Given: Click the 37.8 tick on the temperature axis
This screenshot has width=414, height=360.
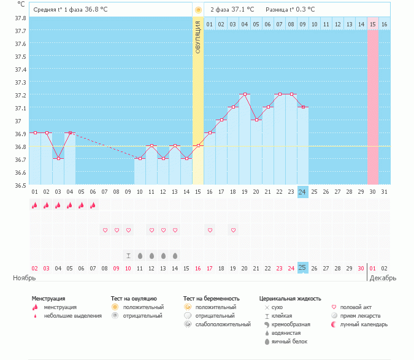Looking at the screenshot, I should point(20,18).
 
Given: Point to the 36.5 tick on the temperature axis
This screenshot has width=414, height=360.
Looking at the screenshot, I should point(20,185).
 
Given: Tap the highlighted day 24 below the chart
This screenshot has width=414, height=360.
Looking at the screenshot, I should point(302,192).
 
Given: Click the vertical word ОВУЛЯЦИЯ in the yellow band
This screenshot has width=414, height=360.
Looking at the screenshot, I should point(198,37).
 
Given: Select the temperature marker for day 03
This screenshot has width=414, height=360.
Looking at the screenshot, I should point(58,158).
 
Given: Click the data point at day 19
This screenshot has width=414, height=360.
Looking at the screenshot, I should point(245,94).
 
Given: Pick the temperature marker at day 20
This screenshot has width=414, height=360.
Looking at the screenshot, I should point(256,120).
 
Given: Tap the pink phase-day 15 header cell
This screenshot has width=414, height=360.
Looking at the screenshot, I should point(372,25).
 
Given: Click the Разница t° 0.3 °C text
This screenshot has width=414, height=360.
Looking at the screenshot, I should point(290,10).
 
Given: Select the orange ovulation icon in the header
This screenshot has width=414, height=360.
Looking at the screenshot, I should point(197,10).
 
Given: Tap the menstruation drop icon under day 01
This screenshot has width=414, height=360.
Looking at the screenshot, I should point(35,206).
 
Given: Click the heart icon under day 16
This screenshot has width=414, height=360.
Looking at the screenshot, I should point(210,230).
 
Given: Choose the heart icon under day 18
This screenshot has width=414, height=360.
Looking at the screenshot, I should point(233,230).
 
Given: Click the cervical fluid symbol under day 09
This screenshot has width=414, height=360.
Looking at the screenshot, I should point(128,255).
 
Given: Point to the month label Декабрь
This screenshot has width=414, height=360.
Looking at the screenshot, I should point(383,278).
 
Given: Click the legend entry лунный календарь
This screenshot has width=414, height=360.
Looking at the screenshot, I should point(362,324).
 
